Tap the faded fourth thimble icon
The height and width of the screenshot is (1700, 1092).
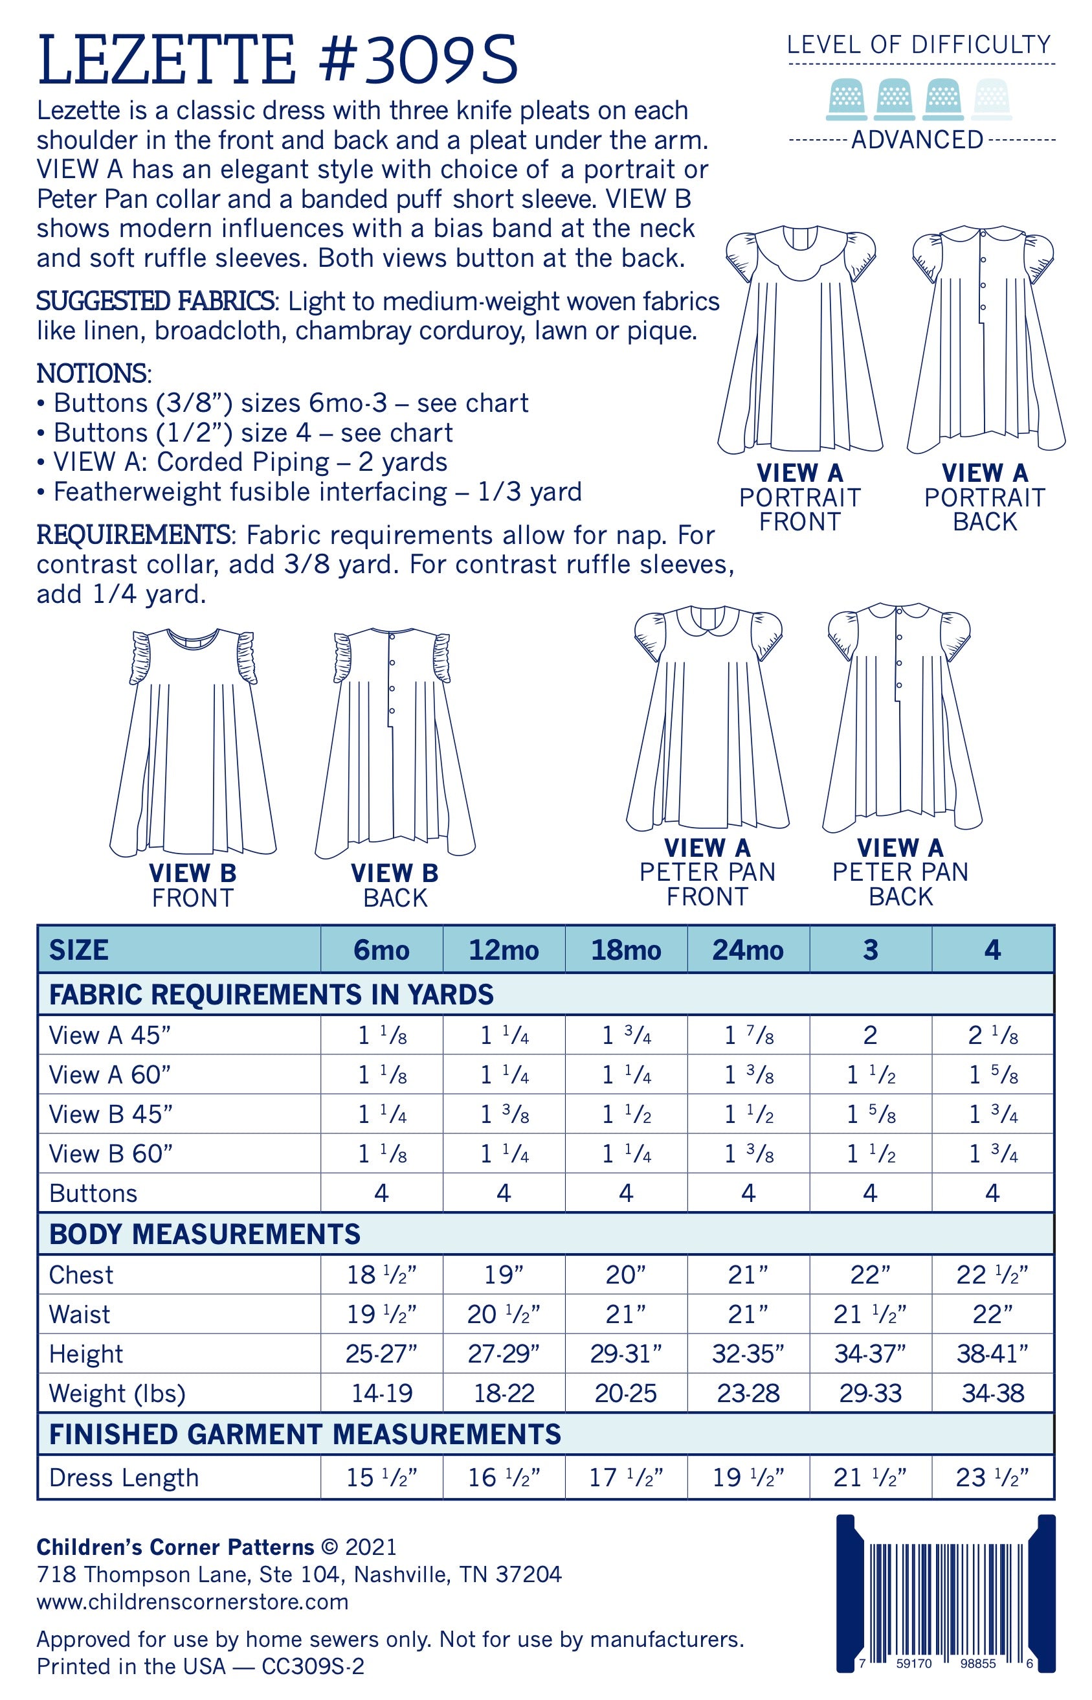pos(996,98)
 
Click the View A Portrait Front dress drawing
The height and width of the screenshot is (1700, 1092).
pos(800,341)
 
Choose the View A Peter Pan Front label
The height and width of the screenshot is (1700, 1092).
pos(707,872)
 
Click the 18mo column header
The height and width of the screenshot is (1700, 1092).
pos(626,949)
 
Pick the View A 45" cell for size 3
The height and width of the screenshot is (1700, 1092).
pos(870,1036)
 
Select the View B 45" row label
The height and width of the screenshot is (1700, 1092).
pos(111,1114)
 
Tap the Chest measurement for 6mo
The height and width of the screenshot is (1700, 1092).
pos(381,1275)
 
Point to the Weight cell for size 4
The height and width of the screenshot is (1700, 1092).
pos(993,1393)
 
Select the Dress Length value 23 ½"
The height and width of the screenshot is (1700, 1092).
pos(993,1477)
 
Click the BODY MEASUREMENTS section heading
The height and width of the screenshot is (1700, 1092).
pos(205,1235)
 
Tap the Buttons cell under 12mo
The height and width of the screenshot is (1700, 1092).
pos(504,1194)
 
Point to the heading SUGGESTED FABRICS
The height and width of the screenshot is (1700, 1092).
pos(155,301)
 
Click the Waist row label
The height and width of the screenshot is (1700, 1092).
pos(80,1314)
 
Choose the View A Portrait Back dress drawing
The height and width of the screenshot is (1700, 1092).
pos(986,341)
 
